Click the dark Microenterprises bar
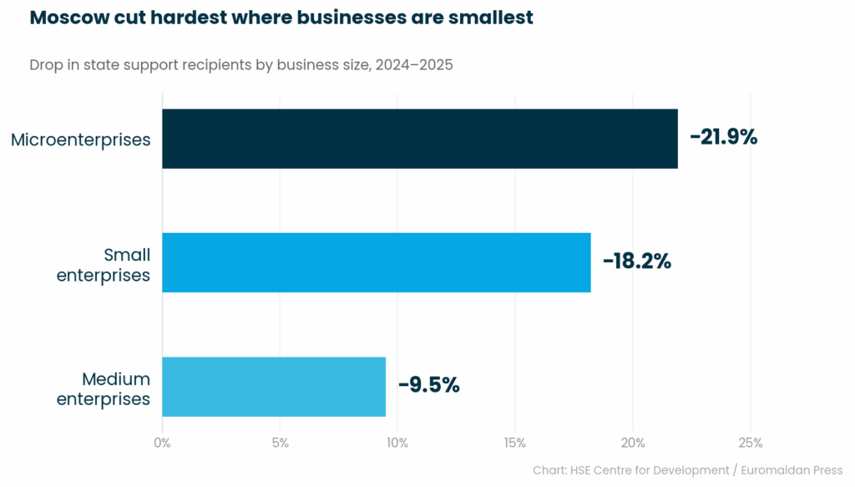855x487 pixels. tap(419, 139)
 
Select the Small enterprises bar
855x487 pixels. tap(376, 262)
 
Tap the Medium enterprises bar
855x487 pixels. tap(274, 386)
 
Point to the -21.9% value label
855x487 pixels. tap(723, 138)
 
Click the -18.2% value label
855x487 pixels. tap(637, 261)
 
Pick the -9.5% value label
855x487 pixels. tap(428, 385)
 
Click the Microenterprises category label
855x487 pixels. tap(81, 140)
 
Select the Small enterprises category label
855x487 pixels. tap(104, 264)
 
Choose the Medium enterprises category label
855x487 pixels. tap(104, 388)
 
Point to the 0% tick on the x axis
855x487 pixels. tap(162, 443)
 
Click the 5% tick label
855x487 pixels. tap(280, 443)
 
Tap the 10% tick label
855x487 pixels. tap(397, 443)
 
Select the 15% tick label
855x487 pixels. tap(514, 443)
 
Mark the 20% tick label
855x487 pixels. tap(632, 443)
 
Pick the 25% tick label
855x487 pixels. tap(750, 443)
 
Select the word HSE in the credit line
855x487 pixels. tap(581, 470)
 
